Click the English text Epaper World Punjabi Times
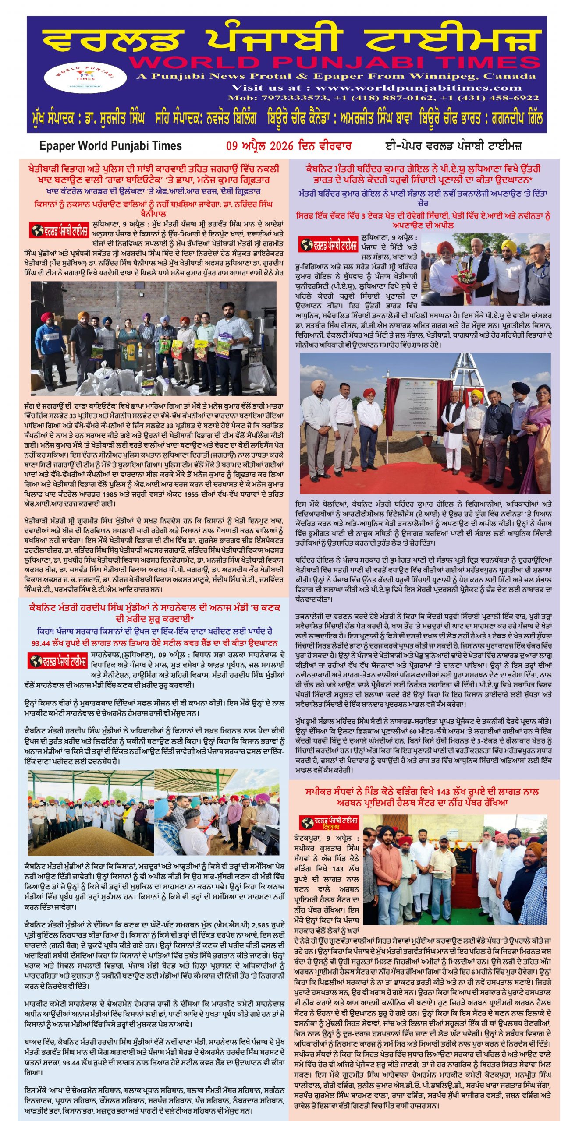[x=110, y=146]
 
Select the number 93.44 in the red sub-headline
[x=43, y=643]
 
